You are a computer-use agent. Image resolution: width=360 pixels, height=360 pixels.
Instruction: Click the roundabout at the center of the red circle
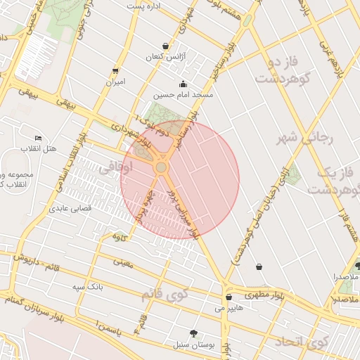click(161, 167)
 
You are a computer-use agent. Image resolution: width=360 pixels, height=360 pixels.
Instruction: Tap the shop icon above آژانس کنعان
click(165, 46)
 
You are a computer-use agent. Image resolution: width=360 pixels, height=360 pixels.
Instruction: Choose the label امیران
click(115, 82)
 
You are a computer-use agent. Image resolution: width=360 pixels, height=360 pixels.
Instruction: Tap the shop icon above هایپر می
click(229, 297)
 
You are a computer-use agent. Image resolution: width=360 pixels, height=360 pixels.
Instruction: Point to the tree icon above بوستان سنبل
click(193, 333)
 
